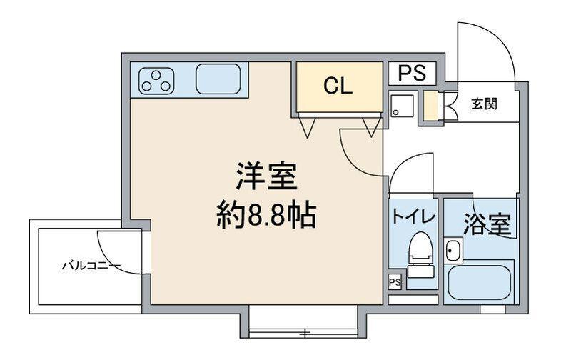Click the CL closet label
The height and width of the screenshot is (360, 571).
(337, 86)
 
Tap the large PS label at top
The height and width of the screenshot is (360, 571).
(412, 73)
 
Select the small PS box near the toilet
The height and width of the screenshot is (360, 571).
(395, 282)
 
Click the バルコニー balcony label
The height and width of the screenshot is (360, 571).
(91, 266)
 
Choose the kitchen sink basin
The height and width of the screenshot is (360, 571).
(218, 79)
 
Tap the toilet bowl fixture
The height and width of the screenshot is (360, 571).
(421, 254)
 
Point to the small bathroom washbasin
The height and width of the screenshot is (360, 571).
(453, 250)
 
